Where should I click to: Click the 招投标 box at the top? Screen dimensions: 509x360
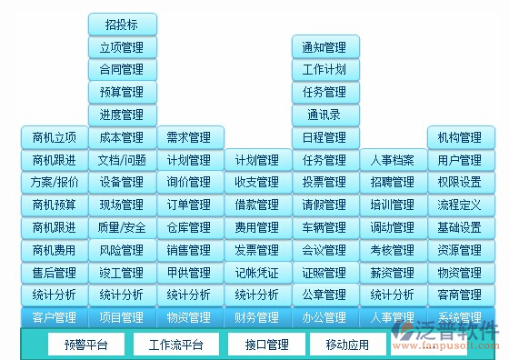[x=122, y=25]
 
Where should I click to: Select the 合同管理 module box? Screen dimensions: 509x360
[x=122, y=69]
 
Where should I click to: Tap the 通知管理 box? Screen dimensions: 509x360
[x=324, y=47]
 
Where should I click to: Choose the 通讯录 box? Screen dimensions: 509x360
[x=324, y=115]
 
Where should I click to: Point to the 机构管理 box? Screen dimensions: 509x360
[x=460, y=137]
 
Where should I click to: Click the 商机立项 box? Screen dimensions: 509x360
[x=55, y=137]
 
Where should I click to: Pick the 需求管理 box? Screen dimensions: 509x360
[x=189, y=137]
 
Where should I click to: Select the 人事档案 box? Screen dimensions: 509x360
[x=393, y=160]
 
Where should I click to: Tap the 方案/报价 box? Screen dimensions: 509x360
[x=55, y=182]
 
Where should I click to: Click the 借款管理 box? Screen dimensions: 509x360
[x=257, y=205]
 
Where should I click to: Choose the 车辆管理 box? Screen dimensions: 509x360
[x=324, y=227]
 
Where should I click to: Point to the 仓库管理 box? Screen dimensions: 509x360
[x=189, y=227]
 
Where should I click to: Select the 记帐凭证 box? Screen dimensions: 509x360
[x=257, y=272]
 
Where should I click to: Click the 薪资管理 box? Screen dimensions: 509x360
[x=393, y=272]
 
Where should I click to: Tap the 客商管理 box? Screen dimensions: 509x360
[x=460, y=295]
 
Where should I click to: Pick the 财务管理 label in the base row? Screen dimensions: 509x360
[x=257, y=317]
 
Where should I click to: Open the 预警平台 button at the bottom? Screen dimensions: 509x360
[x=86, y=345]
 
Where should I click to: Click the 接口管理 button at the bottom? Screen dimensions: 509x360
[x=267, y=345]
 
